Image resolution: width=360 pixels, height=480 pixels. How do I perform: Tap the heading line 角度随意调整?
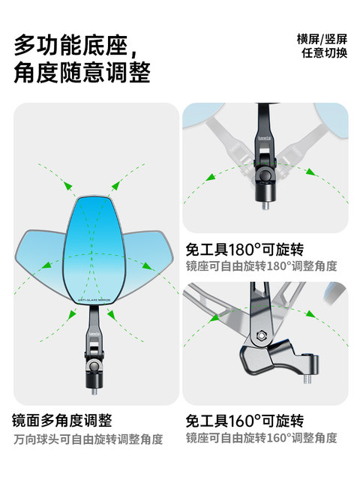[82, 73]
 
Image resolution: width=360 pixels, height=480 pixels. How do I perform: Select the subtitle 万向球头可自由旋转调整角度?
[88, 439]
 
